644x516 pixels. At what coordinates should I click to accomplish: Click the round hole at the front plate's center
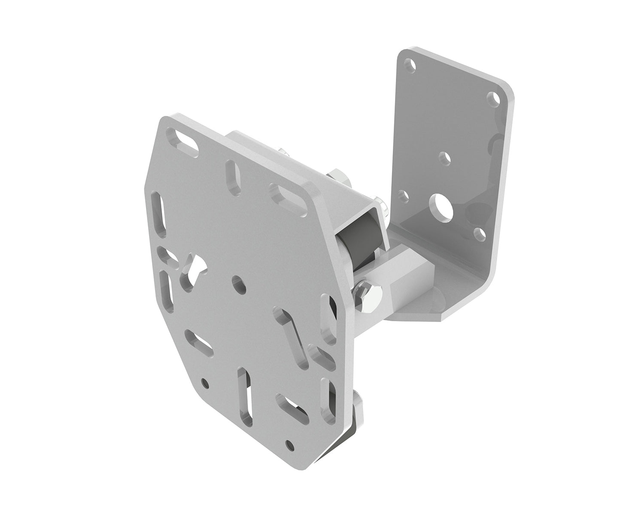[238, 284]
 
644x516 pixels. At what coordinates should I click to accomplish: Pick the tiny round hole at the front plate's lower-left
[205, 383]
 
